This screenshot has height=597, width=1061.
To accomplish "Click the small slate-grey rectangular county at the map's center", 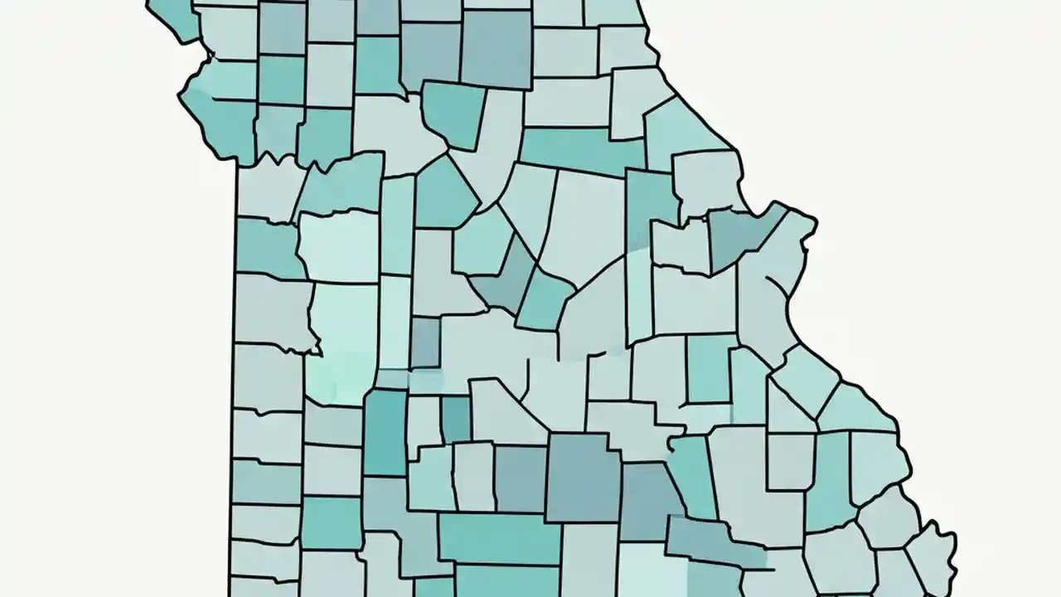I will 425,342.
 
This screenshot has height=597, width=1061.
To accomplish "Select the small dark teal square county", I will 455,419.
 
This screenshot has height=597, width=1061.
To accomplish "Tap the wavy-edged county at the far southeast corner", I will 933,556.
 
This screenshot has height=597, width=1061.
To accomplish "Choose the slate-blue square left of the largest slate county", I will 521,478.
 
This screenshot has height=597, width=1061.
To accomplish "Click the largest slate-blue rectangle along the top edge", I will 496,48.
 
